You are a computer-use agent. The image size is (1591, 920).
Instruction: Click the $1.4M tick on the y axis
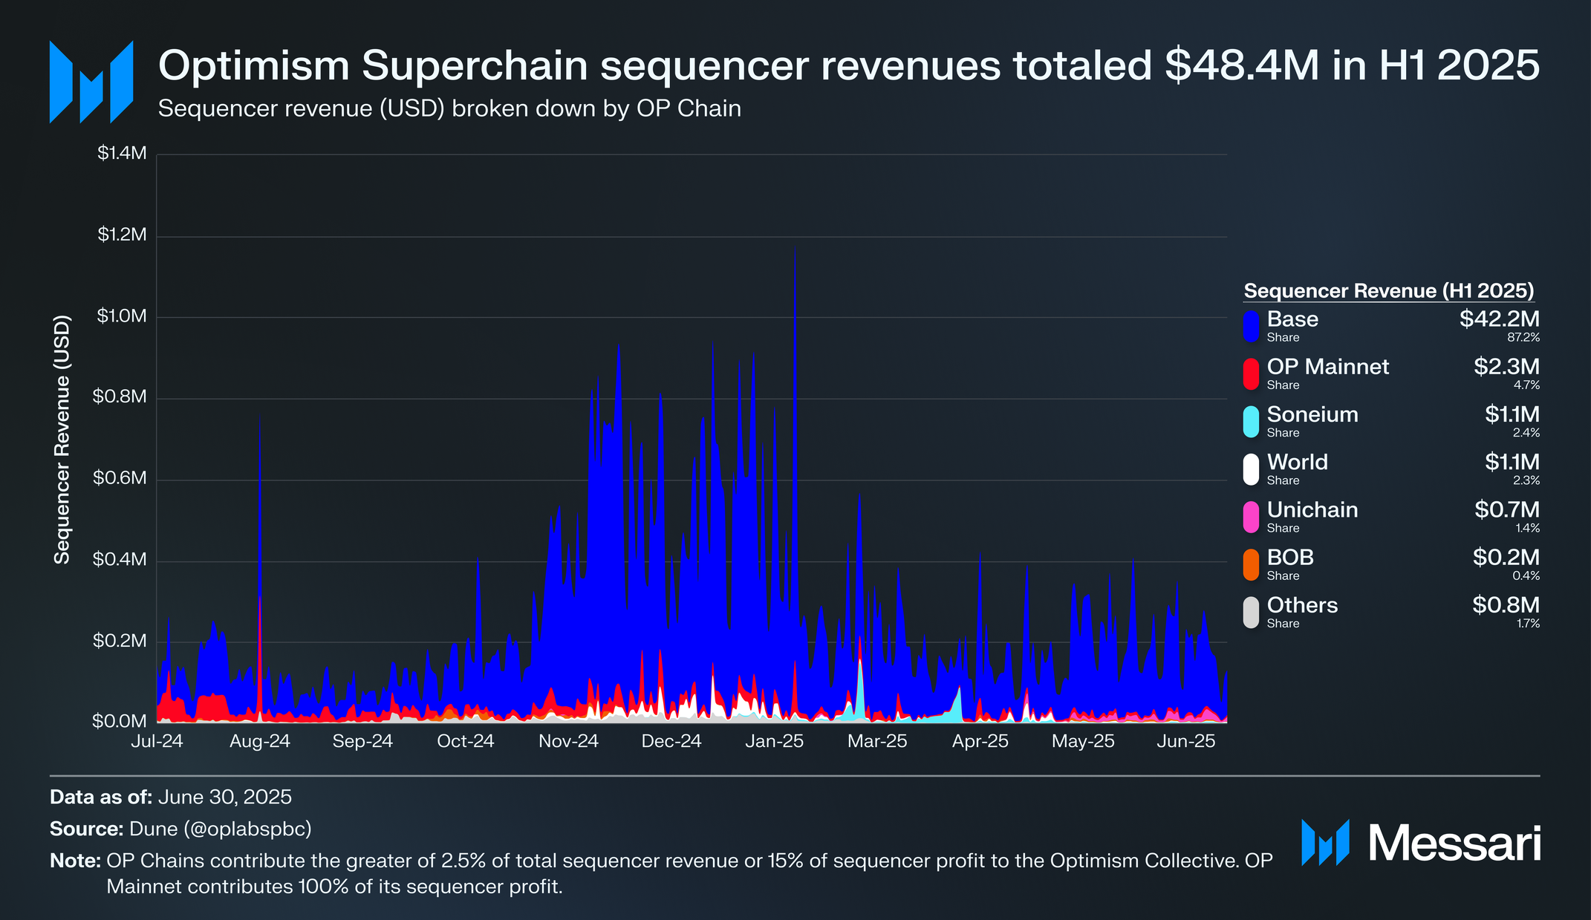click(x=122, y=154)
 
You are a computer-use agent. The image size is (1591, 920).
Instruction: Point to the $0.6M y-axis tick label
click(x=120, y=478)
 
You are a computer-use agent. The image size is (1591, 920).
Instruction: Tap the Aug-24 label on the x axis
click(x=260, y=741)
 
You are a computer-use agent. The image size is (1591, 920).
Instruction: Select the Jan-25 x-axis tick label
click(x=775, y=741)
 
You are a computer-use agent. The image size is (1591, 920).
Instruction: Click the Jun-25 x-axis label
click(x=1186, y=741)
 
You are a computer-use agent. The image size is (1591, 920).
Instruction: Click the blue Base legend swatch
click(x=1252, y=326)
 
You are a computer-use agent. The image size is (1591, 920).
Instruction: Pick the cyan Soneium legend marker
click(x=1252, y=422)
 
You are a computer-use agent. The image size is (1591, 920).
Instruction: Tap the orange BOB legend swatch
click(x=1252, y=564)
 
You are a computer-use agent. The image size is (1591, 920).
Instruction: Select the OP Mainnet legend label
click(x=1328, y=367)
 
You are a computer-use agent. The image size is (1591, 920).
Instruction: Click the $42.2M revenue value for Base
click(x=1499, y=319)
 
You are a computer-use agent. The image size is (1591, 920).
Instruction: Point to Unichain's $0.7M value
click(x=1506, y=510)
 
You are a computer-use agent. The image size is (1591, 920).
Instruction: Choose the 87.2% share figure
click(x=1523, y=338)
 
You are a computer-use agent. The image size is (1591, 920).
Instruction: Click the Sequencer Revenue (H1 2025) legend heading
click(x=1389, y=291)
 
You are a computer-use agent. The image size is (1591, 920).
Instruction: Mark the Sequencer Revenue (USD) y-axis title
click(x=62, y=440)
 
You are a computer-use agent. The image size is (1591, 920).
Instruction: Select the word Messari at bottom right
click(x=1454, y=844)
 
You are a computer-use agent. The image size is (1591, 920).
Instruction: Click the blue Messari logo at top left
click(x=91, y=82)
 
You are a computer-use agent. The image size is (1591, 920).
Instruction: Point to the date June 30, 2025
click(x=225, y=797)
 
